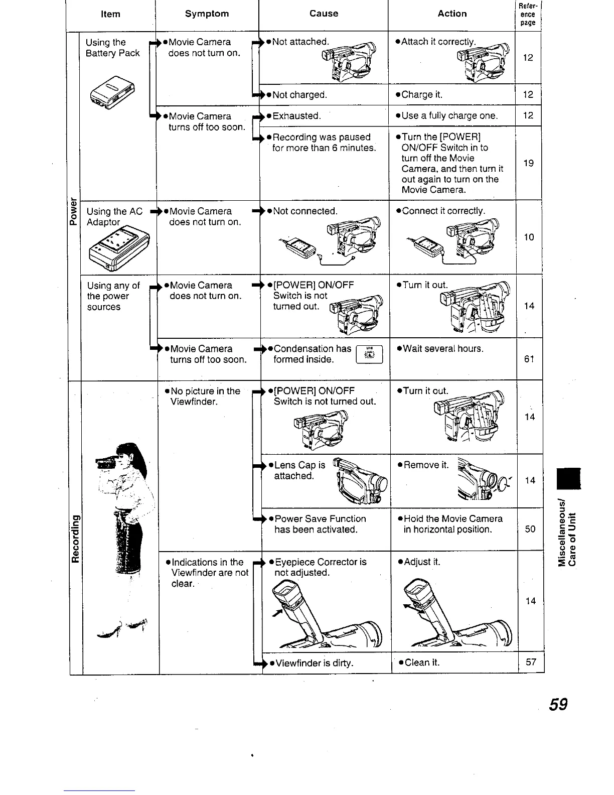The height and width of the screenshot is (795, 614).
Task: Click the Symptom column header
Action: click(207, 14)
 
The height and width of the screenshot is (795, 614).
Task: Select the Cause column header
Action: click(324, 14)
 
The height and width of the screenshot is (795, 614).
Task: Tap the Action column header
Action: click(452, 14)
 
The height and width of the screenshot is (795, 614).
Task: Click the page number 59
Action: click(558, 705)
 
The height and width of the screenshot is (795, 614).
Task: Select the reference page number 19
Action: click(528, 163)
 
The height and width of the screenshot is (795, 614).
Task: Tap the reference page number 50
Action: click(530, 529)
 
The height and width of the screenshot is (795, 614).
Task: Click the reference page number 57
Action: click(531, 662)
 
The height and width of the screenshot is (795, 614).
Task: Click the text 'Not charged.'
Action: click(299, 95)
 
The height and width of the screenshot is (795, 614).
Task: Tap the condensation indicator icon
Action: click(369, 354)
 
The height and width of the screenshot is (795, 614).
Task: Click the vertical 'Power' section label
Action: click(74, 213)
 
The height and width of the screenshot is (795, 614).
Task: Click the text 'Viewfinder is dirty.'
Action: click(314, 663)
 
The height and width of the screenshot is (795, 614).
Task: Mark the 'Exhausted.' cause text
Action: click(296, 116)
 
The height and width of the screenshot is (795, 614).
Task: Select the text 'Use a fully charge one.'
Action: click(450, 116)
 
